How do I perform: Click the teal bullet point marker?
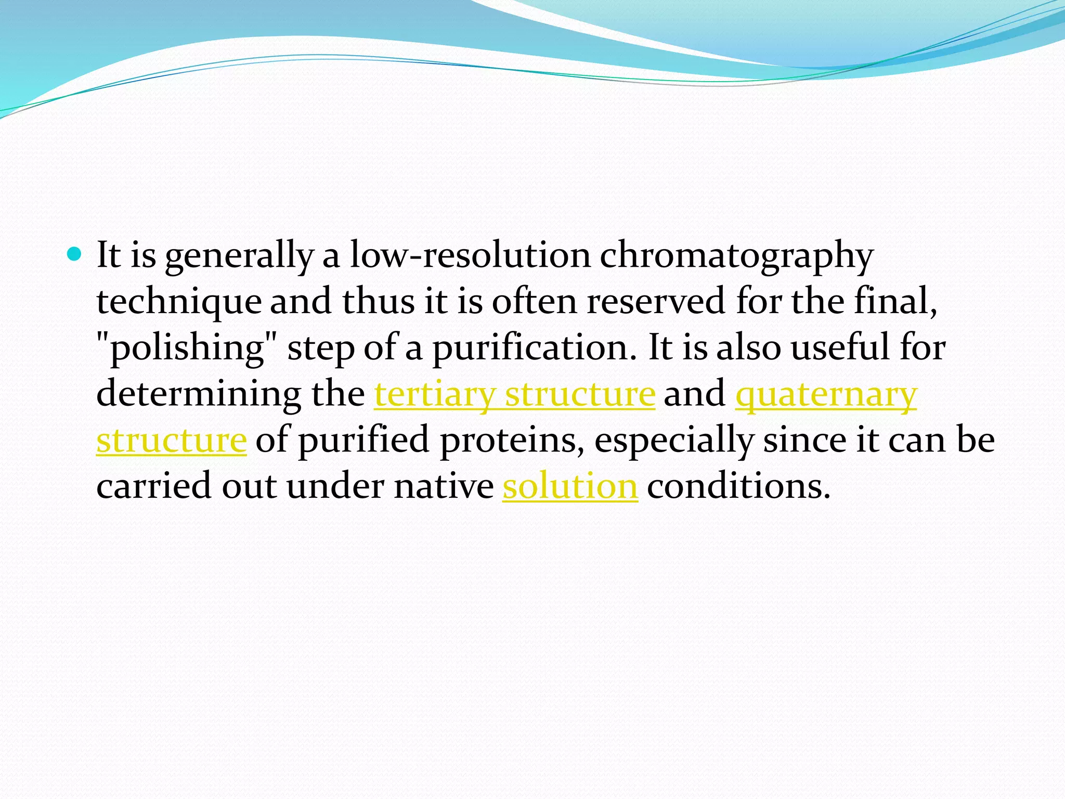pyautogui.click(x=75, y=254)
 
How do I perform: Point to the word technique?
pyautogui.click(x=179, y=302)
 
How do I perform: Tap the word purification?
pyautogui.click(x=535, y=347)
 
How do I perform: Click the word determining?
pyautogui.click(x=199, y=394)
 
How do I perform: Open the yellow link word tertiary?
pyautogui.click(x=434, y=394)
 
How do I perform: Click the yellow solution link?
pyautogui.click(x=570, y=486)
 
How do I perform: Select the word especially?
pyautogui.click(x=673, y=440)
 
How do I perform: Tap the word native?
pyautogui.click(x=444, y=486)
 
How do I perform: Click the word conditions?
pyautogui.click(x=738, y=486)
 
